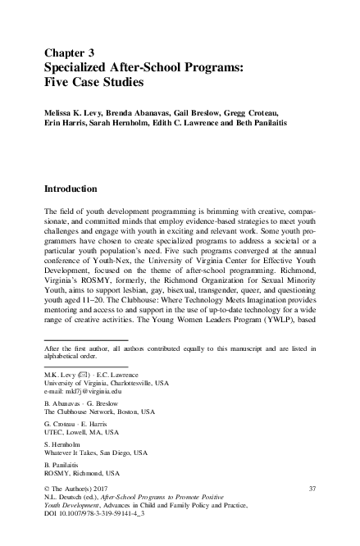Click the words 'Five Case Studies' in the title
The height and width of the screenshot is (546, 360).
98,82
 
